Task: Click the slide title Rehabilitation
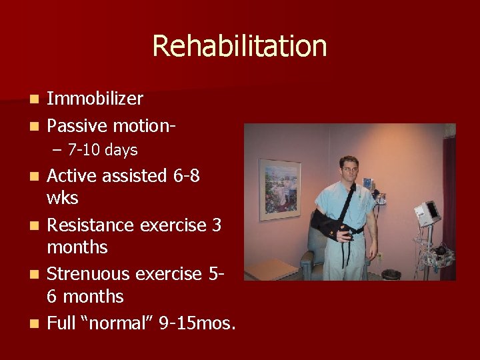(239, 47)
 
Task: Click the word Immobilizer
(95, 99)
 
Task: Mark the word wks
(62, 199)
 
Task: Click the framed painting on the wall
(279, 189)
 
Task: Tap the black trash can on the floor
(391, 275)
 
